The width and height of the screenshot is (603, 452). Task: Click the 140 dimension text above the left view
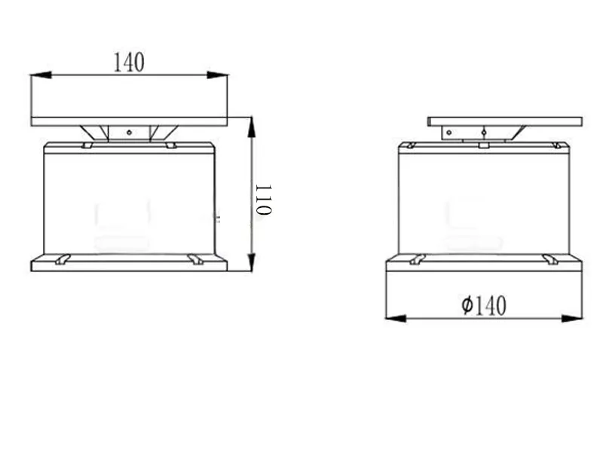129,63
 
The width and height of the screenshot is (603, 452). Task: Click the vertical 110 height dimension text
262,200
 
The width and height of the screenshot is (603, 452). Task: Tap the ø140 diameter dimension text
484,305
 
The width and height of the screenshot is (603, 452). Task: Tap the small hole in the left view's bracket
129,133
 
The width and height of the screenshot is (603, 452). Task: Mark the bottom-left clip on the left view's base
63,259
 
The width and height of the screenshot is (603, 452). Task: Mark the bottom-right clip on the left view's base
196,259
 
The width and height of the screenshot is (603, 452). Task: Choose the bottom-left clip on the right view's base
418,259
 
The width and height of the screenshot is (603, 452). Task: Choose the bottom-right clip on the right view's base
550,259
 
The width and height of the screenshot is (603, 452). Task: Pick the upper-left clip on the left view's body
87,145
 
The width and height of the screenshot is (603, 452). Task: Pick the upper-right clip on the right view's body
557,145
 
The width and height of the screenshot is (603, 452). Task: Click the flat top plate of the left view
129,121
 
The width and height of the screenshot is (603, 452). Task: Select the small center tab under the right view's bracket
483,144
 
